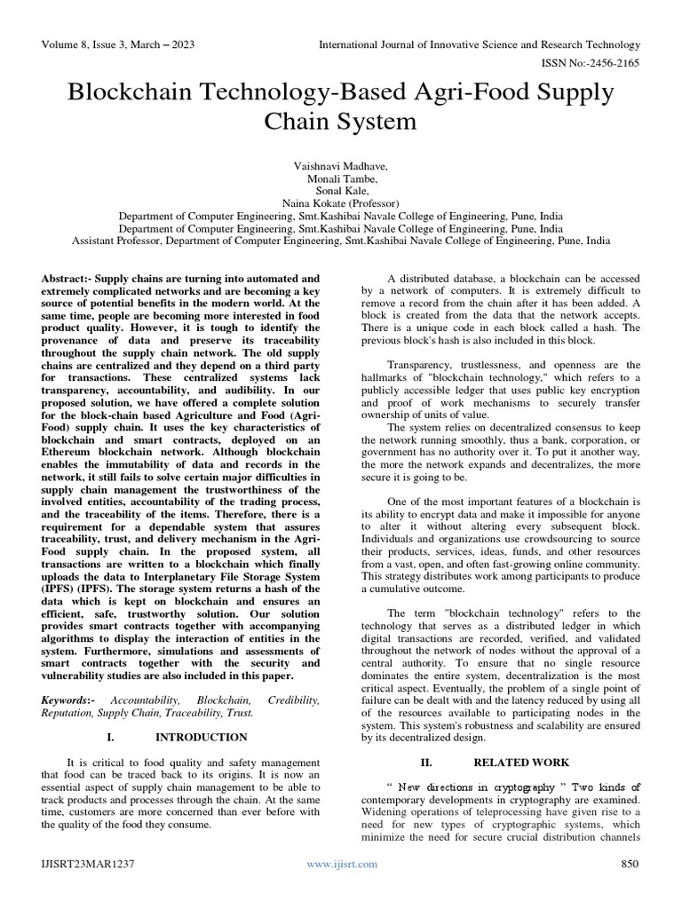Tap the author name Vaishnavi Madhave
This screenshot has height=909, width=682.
point(341,165)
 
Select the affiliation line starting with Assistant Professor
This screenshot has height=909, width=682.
point(341,240)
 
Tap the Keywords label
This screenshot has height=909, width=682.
point(69,700)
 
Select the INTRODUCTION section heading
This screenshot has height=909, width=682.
point(201,738)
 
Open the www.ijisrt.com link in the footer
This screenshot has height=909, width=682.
point(341,864)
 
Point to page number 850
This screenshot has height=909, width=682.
point(628,864)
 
